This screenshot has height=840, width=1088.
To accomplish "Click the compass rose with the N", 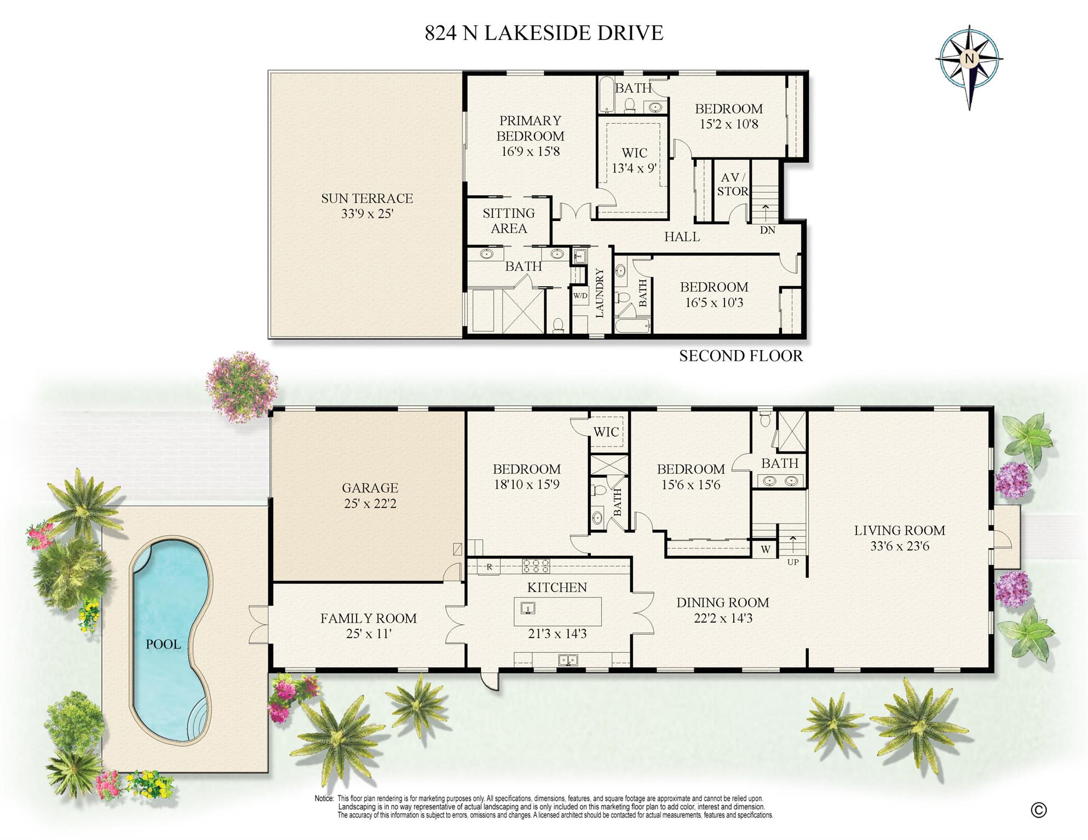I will [969, 59].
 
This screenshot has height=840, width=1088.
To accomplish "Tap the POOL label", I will [163, 644].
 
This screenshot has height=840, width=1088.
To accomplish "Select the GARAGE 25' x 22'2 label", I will [370, 495].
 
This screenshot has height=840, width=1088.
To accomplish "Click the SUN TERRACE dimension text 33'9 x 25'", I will [367, 214].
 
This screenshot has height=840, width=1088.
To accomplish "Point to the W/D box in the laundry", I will [580, 296].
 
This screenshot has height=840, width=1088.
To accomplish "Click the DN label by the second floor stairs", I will [767, 230].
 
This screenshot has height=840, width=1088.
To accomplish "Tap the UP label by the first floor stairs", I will [792, 562].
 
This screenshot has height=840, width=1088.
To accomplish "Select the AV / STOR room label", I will [732, 184].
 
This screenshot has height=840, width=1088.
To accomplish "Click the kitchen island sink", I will [528, 608].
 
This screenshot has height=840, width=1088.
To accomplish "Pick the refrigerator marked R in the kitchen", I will [489, 567].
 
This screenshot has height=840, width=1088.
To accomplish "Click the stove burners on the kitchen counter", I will [536, 566].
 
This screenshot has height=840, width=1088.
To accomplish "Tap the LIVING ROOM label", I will [899, 530].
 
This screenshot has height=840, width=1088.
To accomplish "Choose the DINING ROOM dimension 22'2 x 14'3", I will [722, 618].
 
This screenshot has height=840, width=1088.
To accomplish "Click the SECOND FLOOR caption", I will [740, 356].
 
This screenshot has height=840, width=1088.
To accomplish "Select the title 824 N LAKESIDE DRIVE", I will [544, 33].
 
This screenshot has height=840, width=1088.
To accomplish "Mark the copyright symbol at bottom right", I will [1038, 810].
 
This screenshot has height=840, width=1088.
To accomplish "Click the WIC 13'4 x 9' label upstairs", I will [634, 160].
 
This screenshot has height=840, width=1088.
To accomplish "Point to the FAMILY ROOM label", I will [368, 618].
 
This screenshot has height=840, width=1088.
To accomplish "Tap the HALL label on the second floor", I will [682, 237].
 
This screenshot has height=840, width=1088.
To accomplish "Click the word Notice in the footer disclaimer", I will [324, 799].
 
